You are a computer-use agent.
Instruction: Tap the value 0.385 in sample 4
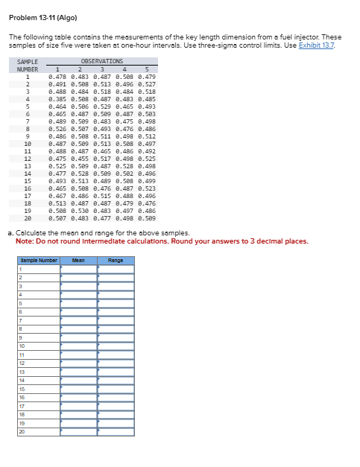(x=57, y=98)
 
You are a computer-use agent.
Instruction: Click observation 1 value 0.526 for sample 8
(x=57, y=128)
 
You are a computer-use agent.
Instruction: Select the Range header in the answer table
(x=116, y=261)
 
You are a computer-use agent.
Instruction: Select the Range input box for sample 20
(x=116, y=431)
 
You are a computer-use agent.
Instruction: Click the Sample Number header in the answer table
(x=38, y=261)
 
